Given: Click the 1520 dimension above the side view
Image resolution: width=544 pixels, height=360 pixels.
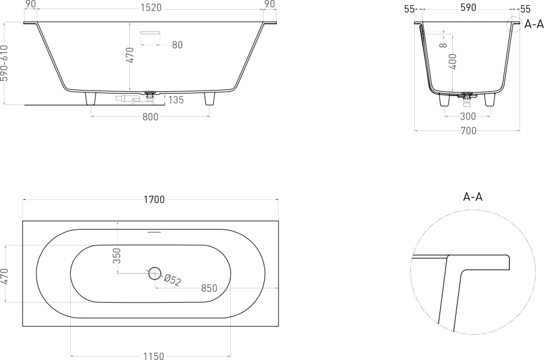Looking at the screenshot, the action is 151,8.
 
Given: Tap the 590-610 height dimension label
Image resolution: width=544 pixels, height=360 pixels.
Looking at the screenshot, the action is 4,63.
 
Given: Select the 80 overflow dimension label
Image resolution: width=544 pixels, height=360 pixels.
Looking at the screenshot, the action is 177,45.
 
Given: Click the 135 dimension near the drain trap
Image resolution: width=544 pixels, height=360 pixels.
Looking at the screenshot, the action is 176,100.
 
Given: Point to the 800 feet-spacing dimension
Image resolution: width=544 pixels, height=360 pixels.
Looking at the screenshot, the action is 151,117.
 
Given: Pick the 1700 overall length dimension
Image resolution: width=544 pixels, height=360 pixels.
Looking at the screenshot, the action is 154,199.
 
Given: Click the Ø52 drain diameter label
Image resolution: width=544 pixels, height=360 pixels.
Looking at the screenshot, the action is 172,280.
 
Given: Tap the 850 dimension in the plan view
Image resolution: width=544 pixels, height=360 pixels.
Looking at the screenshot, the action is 209,288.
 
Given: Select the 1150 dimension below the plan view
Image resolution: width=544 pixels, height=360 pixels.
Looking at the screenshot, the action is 154,356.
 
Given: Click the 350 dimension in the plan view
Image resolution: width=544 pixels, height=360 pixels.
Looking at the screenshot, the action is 117,256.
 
